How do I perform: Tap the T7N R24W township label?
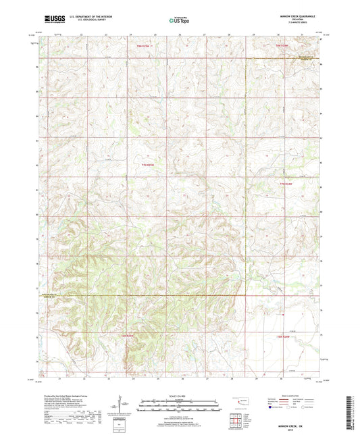[x=286, y=183]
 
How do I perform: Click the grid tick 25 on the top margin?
[x=155, y=34]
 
